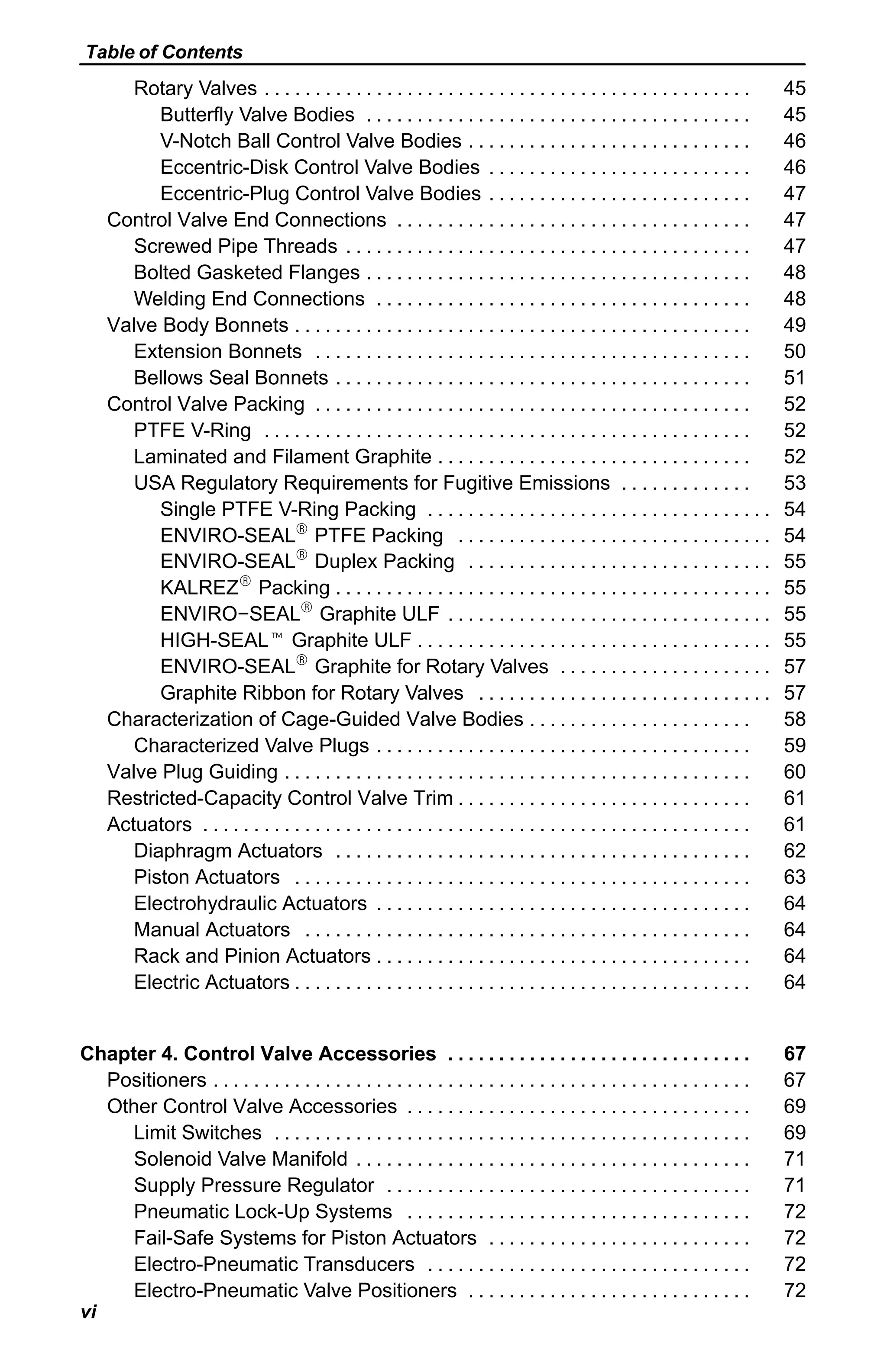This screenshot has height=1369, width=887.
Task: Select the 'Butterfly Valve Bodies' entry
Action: pos(257,115)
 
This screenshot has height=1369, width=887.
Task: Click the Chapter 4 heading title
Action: pos(258,1053)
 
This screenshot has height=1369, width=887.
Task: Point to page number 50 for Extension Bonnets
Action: pos(794,351)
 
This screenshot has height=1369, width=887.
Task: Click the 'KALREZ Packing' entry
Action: pos(245,588)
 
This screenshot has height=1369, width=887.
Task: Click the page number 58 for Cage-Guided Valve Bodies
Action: pos(794,719)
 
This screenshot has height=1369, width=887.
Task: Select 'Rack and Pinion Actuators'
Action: pos(252,955)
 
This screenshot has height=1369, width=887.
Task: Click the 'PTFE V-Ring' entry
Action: pos(192,430)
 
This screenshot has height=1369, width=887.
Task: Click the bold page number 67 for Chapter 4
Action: pos(794,1053)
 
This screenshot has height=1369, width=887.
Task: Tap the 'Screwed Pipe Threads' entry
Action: pos(236,246)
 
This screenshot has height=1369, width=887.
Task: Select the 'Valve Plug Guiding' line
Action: pos(192,772)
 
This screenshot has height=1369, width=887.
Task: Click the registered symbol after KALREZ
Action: pos(245,581)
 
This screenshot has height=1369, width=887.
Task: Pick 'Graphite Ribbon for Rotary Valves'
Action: pos(311,693)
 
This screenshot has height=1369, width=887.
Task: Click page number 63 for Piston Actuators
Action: pos(794,877)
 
